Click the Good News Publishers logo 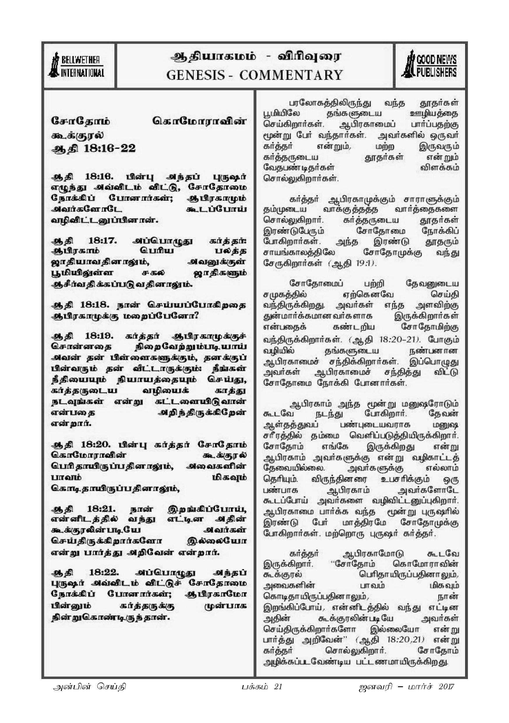pyautogui.click(x=430, y=66)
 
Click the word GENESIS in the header pyautogui.click(x=196, y=75)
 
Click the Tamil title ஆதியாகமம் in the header pyautogui.click(x=213, y=57)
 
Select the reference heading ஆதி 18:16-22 pyautogui.click(x=93, y=148)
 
